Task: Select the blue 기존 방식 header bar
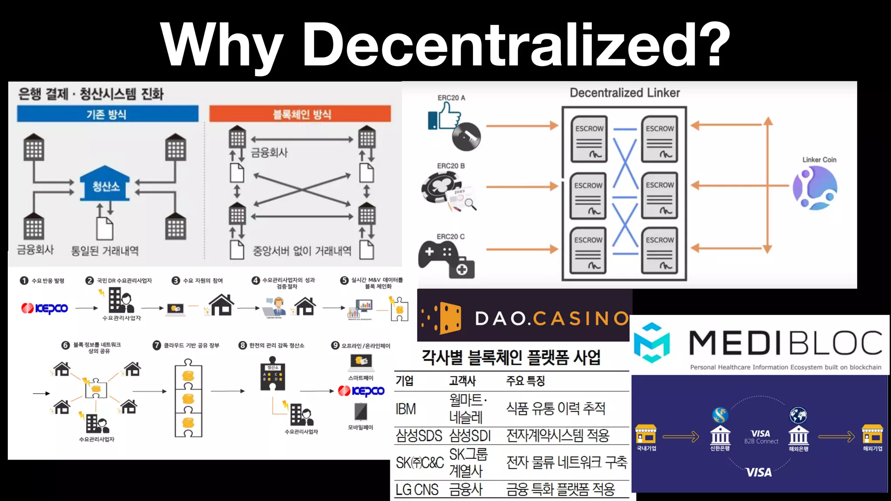[x=107, y=114]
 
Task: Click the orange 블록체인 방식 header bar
[x=300, y=114]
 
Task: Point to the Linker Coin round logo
[x=815, y=187]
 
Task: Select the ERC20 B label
[x=451, y=166]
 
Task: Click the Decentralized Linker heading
[x=625, y=93]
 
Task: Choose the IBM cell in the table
[x=405, y=409]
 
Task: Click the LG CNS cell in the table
[x=417, y=490]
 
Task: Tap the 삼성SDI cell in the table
[x=470, y=435]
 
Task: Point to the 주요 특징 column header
[x=526, y=381]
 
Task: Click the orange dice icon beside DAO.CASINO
[x=448, y=318]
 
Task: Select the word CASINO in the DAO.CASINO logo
[x=581, y=318]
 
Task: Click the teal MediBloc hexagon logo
[x=652, y=343]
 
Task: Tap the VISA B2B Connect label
[x=761, y=437]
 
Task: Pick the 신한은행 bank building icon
[x=720, y=433]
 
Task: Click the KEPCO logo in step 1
[x=45, y=308]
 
